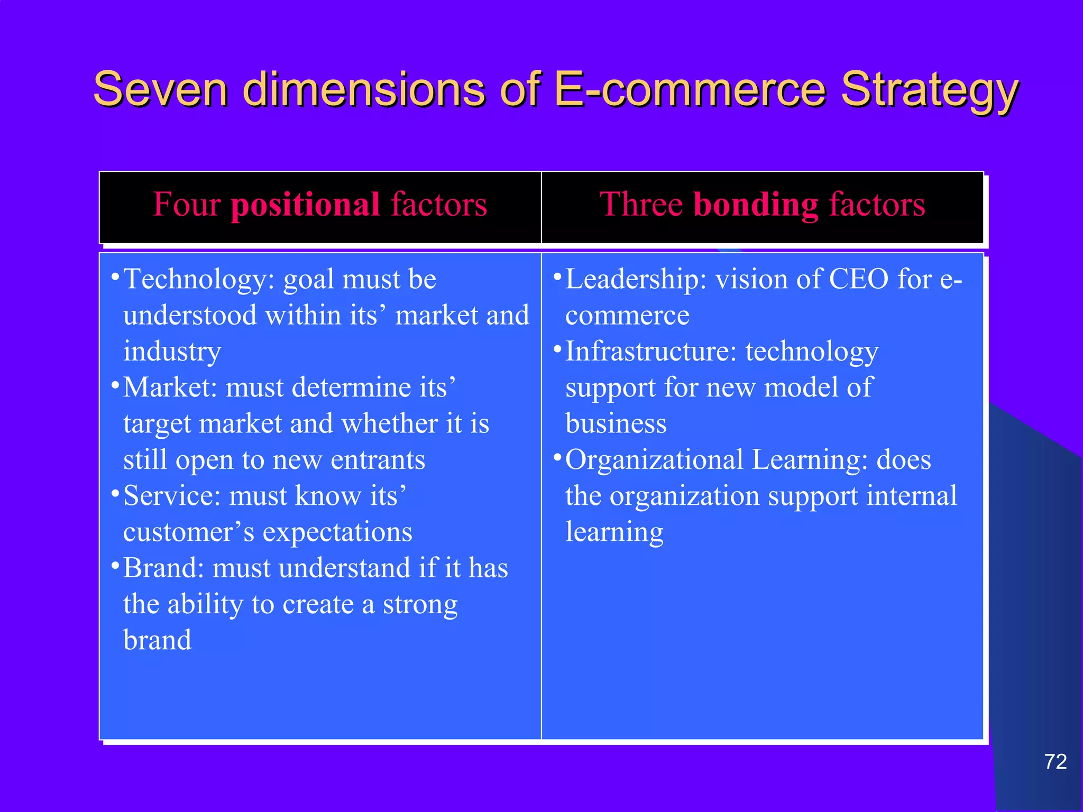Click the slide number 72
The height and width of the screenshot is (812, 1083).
[x=1055, y=762]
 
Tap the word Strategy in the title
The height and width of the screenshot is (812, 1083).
[x=930, y=90]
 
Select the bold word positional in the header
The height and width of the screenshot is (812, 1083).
[x=305, y=205]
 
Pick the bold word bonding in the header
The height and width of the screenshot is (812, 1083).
[x=756, y=205]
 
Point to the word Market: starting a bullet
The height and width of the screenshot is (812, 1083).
[x=170, y=387]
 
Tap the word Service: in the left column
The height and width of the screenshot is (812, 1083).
[x=172, y=496]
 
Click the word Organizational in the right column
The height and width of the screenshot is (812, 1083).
[x=655, y=460]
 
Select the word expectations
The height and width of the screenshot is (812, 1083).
[x=337, y=533]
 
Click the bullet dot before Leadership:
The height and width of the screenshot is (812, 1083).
[x=557, y=276]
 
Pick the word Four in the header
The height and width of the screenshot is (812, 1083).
[x=187, y=205]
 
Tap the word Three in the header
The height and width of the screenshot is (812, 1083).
[x=641, y=205]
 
